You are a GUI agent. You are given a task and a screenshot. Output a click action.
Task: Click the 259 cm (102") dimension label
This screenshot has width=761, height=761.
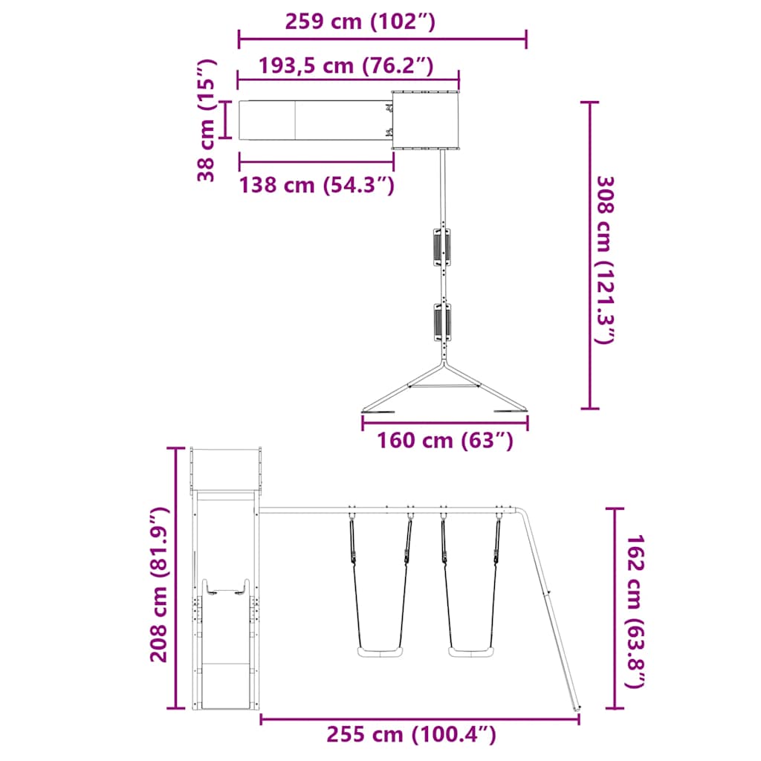(x=360, y=22)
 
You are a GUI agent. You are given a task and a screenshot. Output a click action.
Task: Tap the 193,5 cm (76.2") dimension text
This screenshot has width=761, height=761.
(x=346, y=65)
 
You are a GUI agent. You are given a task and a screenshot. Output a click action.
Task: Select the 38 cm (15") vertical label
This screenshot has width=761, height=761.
(x=207, y=120)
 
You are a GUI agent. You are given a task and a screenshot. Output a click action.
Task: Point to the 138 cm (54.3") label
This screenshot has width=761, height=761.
(x=316, y=184)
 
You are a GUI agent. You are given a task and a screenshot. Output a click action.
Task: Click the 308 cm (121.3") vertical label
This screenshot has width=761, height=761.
(x=606, y=260)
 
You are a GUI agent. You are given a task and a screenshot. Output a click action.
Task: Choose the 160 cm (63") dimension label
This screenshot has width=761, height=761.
(x=445, y=441)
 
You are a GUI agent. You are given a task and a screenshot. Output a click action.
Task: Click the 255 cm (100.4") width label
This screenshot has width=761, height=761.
(x=411, y=735)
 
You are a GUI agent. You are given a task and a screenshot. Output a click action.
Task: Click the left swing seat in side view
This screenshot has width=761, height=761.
(x=380, y=652)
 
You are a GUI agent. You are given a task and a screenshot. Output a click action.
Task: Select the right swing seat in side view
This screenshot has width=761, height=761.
(x=470, y=652)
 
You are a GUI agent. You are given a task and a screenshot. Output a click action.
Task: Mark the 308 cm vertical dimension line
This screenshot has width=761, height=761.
(x=590, y=255)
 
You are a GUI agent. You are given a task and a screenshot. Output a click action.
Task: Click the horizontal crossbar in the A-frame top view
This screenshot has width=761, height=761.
(x=444, y=386)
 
